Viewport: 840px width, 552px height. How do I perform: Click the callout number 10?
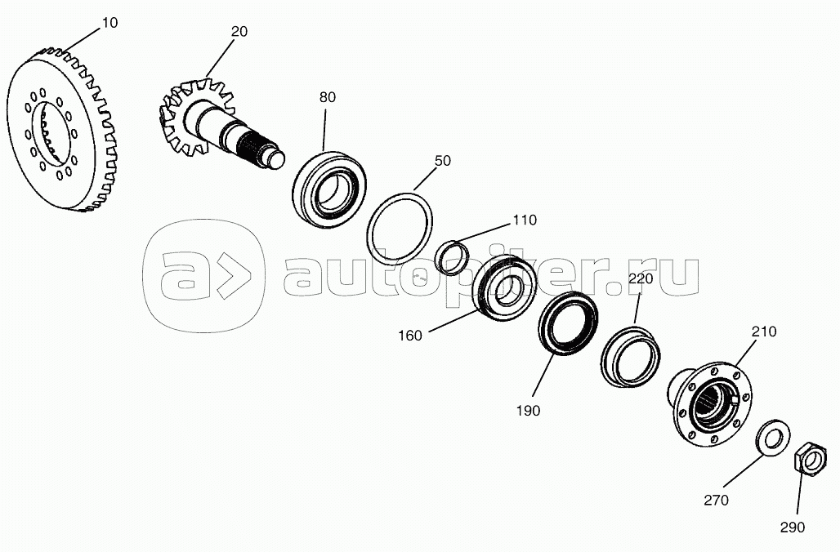tap(109, 23)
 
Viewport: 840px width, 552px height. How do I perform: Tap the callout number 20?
tap(239, 32)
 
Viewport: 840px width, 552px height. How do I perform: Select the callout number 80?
tap(328, 97)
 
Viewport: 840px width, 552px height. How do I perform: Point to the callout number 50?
tap(443, 161)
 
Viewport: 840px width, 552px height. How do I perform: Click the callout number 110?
tap(525, 220)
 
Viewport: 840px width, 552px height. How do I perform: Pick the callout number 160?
tap(410, 336)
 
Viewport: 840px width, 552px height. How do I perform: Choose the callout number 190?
tap(528, 412)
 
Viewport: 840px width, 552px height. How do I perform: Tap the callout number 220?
tap(641, 279)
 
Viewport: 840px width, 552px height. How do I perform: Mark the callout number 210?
tap(763, 332)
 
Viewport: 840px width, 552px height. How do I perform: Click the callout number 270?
tap(717, 500)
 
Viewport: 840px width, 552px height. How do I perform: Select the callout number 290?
tap(793, 528)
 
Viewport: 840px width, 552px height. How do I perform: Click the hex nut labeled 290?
tap(809, 458)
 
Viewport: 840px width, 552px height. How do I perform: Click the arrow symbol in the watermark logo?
tap(235, 276)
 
